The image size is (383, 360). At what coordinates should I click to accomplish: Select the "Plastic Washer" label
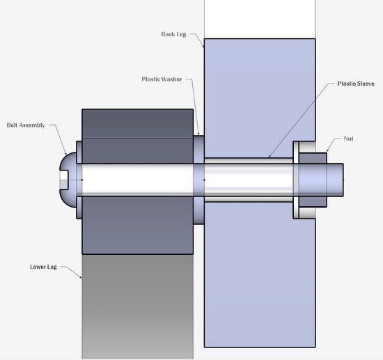[x=162, y=79]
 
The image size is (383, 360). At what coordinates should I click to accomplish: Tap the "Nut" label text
[x=348, y=139]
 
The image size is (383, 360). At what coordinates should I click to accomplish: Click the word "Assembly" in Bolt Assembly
[x=32, y=125]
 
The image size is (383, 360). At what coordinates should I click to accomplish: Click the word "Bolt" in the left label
[x=13, y=125]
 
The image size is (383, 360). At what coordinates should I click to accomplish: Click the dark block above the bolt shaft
[x=136, y=136]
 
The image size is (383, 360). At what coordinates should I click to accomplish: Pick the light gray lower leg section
[x=136, y=306]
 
